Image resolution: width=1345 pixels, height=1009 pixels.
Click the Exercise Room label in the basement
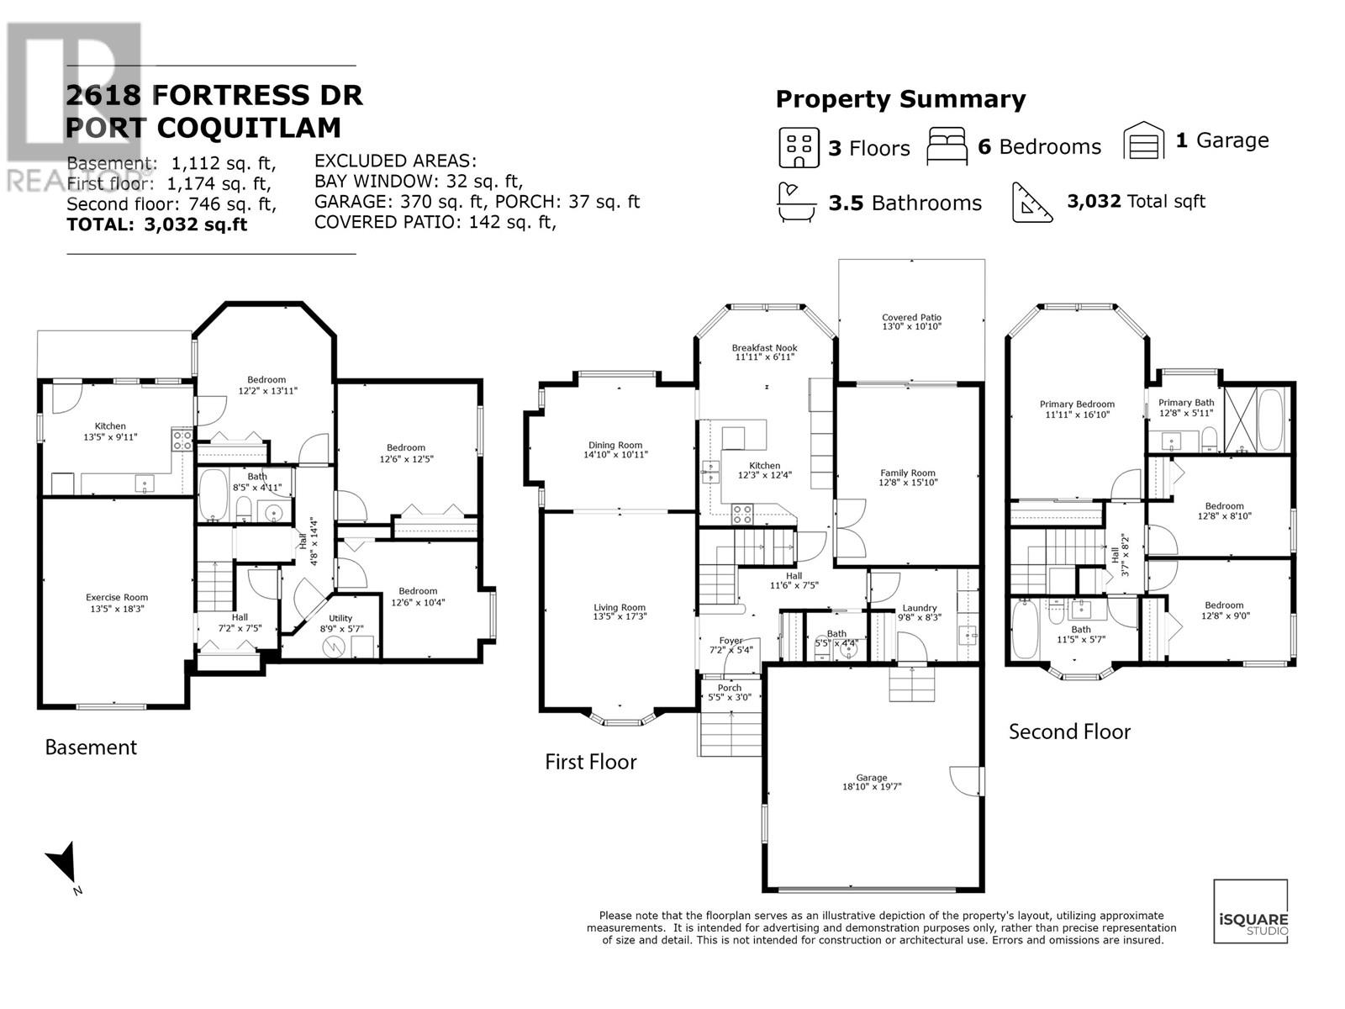pos(117,597)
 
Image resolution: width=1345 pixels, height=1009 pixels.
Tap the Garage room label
pos(872,778)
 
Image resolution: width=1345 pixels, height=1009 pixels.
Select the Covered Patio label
pos(911,317)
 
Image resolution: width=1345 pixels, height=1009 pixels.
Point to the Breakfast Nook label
pos(764,347)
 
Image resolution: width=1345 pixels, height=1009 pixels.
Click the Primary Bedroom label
pos(1077,404)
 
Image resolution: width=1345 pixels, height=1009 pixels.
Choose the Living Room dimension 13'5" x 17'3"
pos(620,617)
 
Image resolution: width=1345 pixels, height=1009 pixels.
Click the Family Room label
pos(907,473)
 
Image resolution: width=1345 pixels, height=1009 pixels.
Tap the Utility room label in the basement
pos(340,618)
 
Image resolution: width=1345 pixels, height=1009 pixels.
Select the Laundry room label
pos(919,608)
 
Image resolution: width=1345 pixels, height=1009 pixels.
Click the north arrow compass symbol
pos(62,865)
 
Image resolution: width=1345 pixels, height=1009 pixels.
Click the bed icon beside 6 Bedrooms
pos(947,146)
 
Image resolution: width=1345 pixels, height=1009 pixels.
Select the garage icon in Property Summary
pos(1144,140)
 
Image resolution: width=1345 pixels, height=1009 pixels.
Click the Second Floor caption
pos(1069,732)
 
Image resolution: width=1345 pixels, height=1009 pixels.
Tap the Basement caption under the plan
pos(90,747)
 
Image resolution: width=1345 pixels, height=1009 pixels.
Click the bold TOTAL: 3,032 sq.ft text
pos(156,225)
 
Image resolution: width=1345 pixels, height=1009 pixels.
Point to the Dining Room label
pos(615,445)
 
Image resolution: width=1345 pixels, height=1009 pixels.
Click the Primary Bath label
pos(1186,403)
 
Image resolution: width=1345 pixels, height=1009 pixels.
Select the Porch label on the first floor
pos(729,687)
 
